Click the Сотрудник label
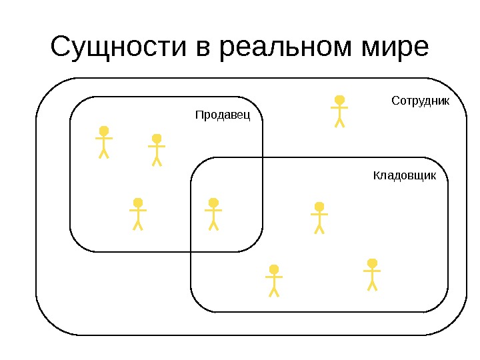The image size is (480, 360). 420,101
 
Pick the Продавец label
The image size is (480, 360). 222,115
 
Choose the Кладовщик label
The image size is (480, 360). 404,176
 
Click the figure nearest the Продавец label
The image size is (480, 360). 157,149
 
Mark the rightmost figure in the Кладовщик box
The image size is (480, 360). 372,274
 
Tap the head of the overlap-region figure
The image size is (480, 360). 213,202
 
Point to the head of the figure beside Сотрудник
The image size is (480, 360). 339,100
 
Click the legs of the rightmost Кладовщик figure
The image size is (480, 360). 372,285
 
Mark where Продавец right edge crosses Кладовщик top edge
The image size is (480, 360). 263,157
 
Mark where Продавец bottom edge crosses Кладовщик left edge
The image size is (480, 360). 191,252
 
